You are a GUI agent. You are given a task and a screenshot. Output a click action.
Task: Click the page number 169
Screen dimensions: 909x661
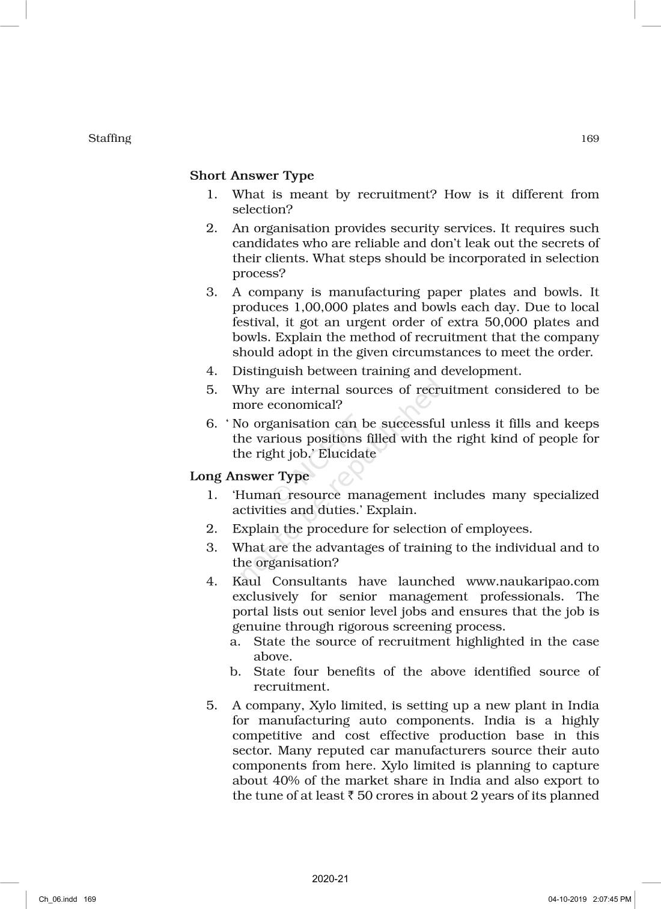(x=590, y=139)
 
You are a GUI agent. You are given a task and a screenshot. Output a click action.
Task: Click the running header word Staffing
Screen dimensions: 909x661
(x=109, y=138)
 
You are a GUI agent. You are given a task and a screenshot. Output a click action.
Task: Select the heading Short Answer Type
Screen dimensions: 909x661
(x=252, y=176)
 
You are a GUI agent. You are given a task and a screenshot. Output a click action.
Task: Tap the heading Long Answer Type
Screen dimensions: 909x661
(x=249, y=476)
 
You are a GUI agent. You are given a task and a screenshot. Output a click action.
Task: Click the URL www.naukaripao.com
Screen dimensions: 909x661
(x=532, y=581)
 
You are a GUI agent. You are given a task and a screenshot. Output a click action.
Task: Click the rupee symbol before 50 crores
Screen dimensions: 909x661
(x=350, y=795)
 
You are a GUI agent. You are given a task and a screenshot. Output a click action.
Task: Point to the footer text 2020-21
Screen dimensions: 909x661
(x=330, y=878)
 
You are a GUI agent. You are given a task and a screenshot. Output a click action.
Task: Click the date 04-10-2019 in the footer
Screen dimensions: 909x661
(x=566, y=899)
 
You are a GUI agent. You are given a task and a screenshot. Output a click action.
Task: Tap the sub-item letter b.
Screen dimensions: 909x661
(x=235, y=672)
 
